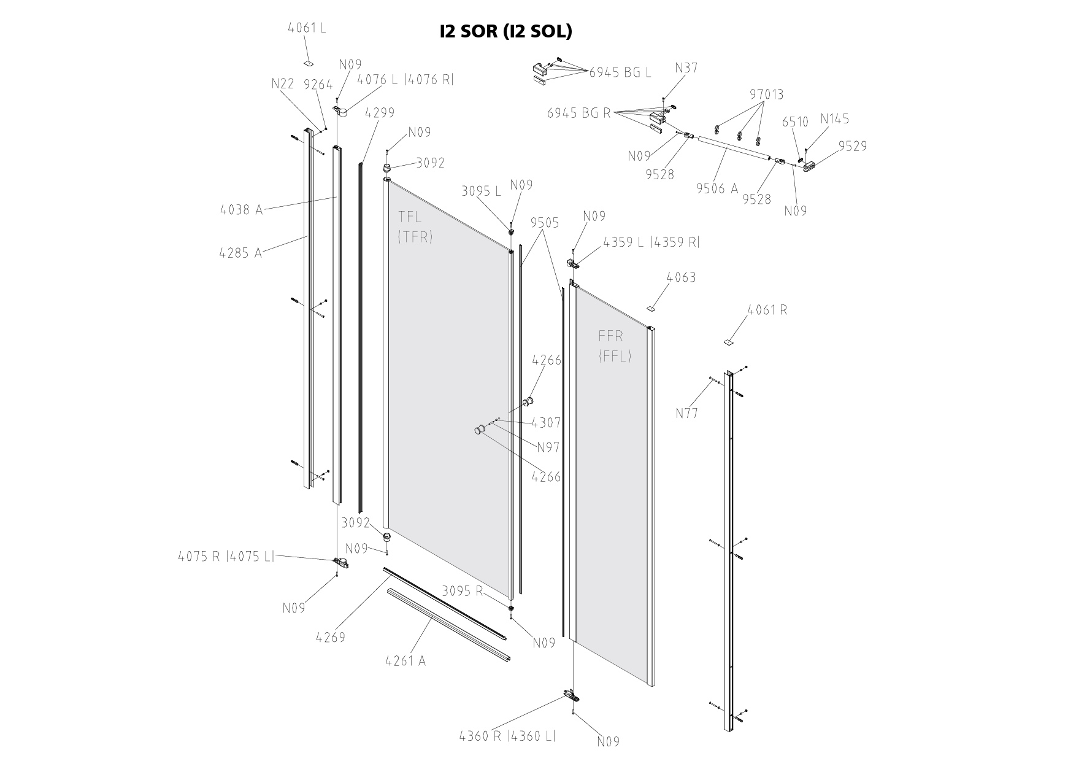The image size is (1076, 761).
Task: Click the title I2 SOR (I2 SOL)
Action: [505, 31]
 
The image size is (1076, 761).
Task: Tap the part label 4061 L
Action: [307, 28]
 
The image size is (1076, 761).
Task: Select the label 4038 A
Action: [241, 210]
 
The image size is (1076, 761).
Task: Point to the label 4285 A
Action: [240, 252]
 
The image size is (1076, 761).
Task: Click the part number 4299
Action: [380, 113]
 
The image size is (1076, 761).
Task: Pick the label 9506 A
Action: [717, 188]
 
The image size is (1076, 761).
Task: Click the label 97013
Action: [766, 95]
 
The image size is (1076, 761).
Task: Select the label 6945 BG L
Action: [620, 72]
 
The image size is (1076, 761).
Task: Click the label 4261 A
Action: [405, 661]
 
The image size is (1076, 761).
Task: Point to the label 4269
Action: [331, 637]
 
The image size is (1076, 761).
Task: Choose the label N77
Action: [687, 413]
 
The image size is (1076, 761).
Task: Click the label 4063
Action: [681, 277]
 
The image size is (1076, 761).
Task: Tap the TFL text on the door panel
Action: [410, 217]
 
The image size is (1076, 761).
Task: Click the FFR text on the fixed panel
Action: [611, 336]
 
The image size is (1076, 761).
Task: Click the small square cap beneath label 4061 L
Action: [309, 63]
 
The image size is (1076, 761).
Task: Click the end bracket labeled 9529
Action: [811, 166]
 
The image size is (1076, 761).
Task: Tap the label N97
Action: [548, 447]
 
